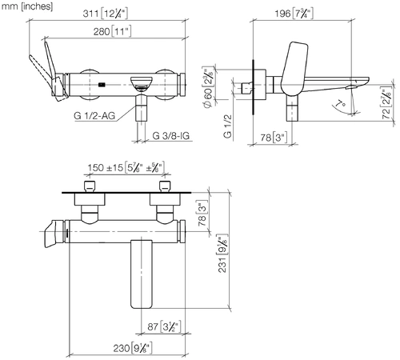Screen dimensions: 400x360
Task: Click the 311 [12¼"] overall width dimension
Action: tap(106, 14)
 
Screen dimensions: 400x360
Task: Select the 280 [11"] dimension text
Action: tap(112, 32)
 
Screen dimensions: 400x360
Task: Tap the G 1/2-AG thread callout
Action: tap(94, 116)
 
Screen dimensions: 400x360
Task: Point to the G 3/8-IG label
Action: tap(171, 136)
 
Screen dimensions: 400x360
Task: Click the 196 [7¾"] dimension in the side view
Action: tap(294, 14)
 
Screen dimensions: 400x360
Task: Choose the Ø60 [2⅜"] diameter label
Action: tap(209, 87)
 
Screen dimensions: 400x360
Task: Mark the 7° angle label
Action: tap(340, 104)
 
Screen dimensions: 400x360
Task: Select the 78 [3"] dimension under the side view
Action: tap(274, 138)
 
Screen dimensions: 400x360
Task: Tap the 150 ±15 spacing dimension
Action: tap(126, 168)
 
